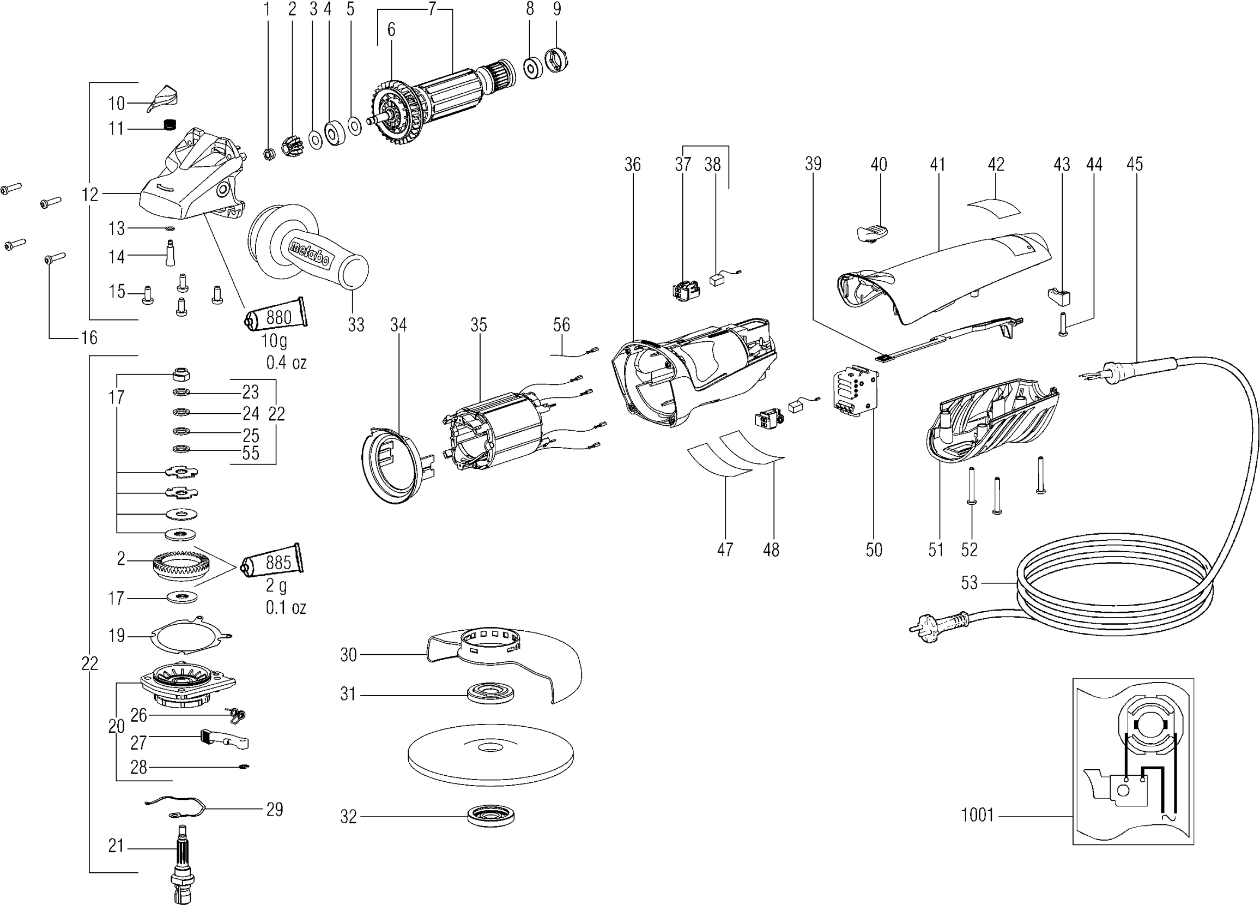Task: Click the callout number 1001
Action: coord(977,815)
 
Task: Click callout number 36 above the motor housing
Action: coord(632,165)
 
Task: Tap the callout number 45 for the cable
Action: coord(1135,164)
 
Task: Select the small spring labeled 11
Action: coord(169,125)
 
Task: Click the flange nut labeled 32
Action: coord(490,816)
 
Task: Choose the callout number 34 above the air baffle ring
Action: coord(398,324)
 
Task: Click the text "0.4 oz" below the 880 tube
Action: coord(286,363)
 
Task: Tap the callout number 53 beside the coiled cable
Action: coord(969,583)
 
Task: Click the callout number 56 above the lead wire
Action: coord(561,324)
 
